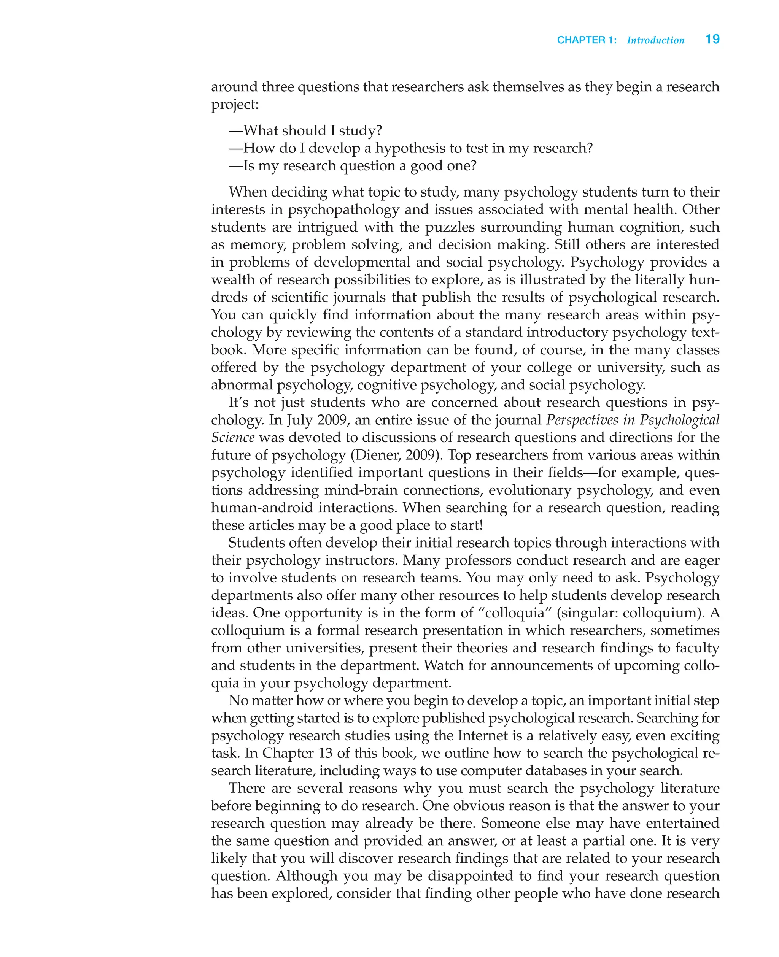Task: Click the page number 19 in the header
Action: [712, 40]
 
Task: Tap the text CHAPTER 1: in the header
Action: [587, 40]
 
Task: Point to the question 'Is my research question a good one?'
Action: [353, 166]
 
